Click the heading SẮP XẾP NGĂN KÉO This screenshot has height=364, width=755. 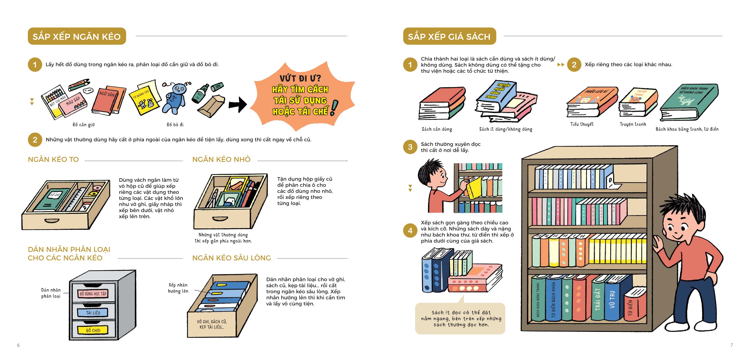pyautogui.click(x=77, y=36)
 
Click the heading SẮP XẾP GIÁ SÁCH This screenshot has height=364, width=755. pyautogui.click(x=449, y=36)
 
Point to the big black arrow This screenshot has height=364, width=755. pyautogui.click(x=238, y=104)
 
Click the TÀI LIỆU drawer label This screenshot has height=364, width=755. pyautogui.click(x=93, y=313)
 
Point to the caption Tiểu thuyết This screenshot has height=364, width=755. pyautogui.click(x=582, y=124)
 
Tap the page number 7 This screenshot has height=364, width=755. pyautogui.click(x=732, y=345)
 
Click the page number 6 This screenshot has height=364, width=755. pyautogui.click(x=18, y=345)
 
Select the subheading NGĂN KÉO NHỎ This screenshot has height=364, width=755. pyautogui.click(x=221, y=159)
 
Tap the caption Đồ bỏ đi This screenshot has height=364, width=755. pyautogui.click(x=175, y=125)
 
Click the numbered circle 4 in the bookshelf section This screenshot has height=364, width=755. pyautogui.click(x=410, y=231)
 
